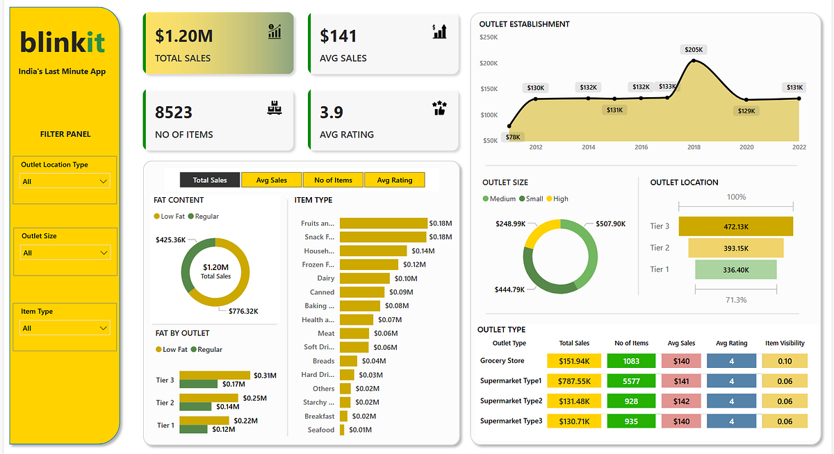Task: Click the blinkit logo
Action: pos(63,42)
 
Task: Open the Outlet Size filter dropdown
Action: pos(65,253)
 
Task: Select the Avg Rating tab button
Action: pos(394,180)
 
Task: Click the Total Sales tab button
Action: pos(209,180)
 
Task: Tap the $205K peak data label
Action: pos(694,50)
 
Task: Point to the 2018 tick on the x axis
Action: pos(694,147)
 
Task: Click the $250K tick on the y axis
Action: pos(489,37)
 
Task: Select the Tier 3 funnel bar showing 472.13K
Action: pos(735,226)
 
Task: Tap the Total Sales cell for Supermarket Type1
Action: pos(573,381)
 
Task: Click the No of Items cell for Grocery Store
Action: pos(631,361)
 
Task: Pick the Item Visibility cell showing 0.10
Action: pos(785,361)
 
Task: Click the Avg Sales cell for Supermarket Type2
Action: pos(681,401)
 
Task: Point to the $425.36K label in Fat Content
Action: pos(170,239)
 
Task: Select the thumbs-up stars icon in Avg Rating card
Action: pos(439,108)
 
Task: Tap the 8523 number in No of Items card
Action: pos(174,112)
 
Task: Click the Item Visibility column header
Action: pos(785,343)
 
